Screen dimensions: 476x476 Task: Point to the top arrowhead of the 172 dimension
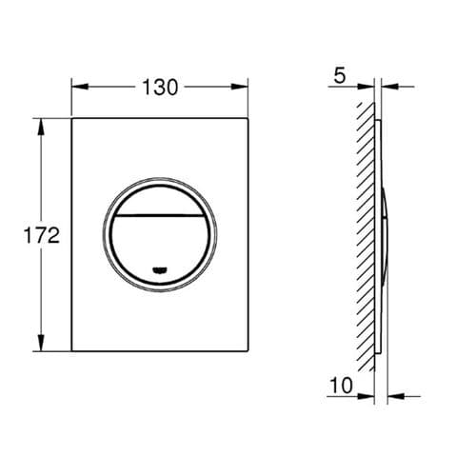click(x=41, y=124)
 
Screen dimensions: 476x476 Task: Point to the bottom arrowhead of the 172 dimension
click(x=41, y=345)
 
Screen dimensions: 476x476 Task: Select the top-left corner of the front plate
click(x=72, y=118)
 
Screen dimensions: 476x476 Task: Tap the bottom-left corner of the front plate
click(x=72, y=350)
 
